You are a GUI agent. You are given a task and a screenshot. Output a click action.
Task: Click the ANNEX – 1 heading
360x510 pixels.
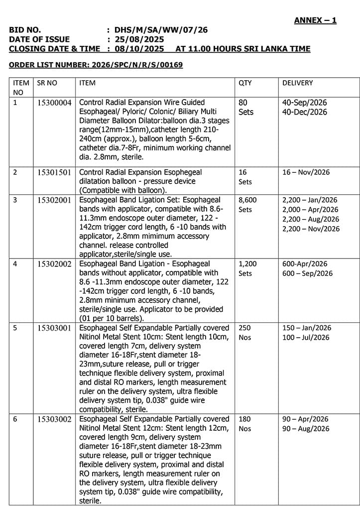pos(315,20)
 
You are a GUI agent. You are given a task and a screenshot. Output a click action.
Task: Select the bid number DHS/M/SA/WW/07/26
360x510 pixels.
pos(161,30)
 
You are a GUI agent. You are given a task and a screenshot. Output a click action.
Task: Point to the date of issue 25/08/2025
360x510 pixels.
pos(139,39)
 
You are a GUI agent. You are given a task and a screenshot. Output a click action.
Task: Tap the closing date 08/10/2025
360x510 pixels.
pos(139,49)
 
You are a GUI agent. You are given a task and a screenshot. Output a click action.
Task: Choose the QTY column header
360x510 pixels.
pos(245,83)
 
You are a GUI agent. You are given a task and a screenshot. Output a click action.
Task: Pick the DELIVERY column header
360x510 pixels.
pos(298,83)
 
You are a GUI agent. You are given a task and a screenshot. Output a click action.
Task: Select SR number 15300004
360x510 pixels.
pos(54,103)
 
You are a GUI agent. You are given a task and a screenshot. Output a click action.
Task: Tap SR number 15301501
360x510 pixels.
pos(54,172)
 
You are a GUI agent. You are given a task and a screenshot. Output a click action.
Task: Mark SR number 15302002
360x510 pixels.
pos(54,264)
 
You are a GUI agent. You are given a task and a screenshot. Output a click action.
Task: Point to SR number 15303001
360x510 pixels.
pos(54,328)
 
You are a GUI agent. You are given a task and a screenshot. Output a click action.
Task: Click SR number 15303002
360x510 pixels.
pos(54,419)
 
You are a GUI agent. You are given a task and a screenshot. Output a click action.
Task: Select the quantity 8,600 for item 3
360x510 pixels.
pos(247,200)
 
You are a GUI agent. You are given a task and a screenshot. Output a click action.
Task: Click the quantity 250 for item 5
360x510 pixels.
pos(245,328)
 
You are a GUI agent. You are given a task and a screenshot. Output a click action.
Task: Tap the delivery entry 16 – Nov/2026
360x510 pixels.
pos(306,172)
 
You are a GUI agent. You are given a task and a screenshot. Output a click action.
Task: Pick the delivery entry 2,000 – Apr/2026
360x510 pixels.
pos(310,210)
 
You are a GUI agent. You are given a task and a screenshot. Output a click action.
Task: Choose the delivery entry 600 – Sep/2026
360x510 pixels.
pos(307,273)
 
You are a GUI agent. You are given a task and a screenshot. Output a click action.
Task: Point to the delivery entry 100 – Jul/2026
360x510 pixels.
pos(306,338)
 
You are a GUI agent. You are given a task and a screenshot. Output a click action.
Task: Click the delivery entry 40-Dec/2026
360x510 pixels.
pos(305,112)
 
